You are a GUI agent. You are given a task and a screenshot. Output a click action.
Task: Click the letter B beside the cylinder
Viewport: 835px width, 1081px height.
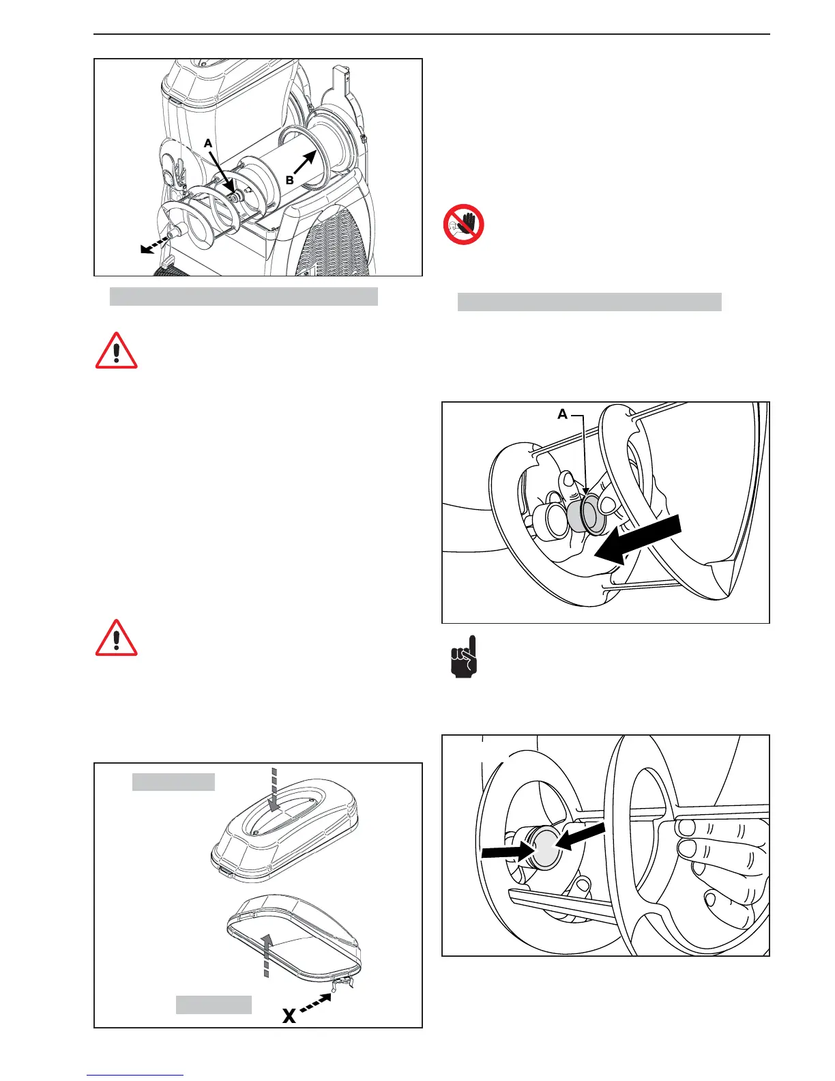[290, 180]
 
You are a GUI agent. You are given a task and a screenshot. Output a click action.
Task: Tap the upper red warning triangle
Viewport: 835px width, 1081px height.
[117, 351]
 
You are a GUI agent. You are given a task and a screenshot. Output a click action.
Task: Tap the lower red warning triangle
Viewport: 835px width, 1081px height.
[117, 639]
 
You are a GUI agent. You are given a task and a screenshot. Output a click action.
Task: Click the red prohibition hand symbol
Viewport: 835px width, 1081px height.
[464, 225]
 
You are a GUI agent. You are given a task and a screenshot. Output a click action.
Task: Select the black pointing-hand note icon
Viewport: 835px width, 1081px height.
[464, 658]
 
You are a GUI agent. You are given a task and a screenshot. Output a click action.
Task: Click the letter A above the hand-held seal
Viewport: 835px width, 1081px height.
[562, 414]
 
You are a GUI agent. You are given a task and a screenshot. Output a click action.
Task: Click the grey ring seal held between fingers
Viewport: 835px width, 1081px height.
[591, 513]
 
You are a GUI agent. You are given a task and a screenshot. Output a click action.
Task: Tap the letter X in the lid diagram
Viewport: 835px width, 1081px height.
[289, 1016]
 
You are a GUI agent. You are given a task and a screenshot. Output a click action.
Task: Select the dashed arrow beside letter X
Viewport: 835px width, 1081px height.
[317, 1004]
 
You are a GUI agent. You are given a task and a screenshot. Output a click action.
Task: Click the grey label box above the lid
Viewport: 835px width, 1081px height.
[173, 781]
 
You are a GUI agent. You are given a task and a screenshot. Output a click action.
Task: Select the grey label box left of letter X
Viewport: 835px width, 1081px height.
[214, 1005]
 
